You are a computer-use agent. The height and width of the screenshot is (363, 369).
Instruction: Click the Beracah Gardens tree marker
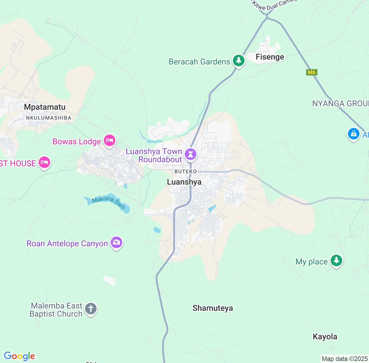point(239,61)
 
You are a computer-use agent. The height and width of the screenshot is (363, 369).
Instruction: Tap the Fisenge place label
point(270,57)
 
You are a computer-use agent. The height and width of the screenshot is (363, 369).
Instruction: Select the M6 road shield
point(311,72)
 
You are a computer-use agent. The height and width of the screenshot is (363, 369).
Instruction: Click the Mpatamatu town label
point(45,107)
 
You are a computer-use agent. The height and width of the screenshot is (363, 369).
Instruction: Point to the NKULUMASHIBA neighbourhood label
point(48,118)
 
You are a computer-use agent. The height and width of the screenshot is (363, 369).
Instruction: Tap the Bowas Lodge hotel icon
point(110,141)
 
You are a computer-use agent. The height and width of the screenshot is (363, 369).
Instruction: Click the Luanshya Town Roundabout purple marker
point(190,154)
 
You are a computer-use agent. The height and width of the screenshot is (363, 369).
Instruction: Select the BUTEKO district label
point(185,171)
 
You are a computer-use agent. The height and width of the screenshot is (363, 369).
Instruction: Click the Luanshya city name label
point(184,182)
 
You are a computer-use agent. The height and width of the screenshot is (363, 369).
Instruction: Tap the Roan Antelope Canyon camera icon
point(116,242)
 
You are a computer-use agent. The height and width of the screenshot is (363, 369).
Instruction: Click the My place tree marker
point(336,261)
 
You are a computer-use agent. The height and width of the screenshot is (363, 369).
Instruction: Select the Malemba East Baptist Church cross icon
point(91,309)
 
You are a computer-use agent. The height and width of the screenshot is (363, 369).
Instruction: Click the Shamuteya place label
point(213,308)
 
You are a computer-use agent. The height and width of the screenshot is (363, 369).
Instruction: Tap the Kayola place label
point(325,337)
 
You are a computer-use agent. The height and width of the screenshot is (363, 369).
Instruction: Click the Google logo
point(19,356)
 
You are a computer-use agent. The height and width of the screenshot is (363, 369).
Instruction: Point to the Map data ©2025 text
point(344,359)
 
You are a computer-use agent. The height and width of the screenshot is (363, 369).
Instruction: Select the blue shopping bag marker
point(353,134)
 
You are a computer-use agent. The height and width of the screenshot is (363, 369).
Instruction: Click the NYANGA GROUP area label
point(340,104)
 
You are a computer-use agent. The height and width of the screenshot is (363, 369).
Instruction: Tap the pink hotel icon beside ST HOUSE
point(44,162)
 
